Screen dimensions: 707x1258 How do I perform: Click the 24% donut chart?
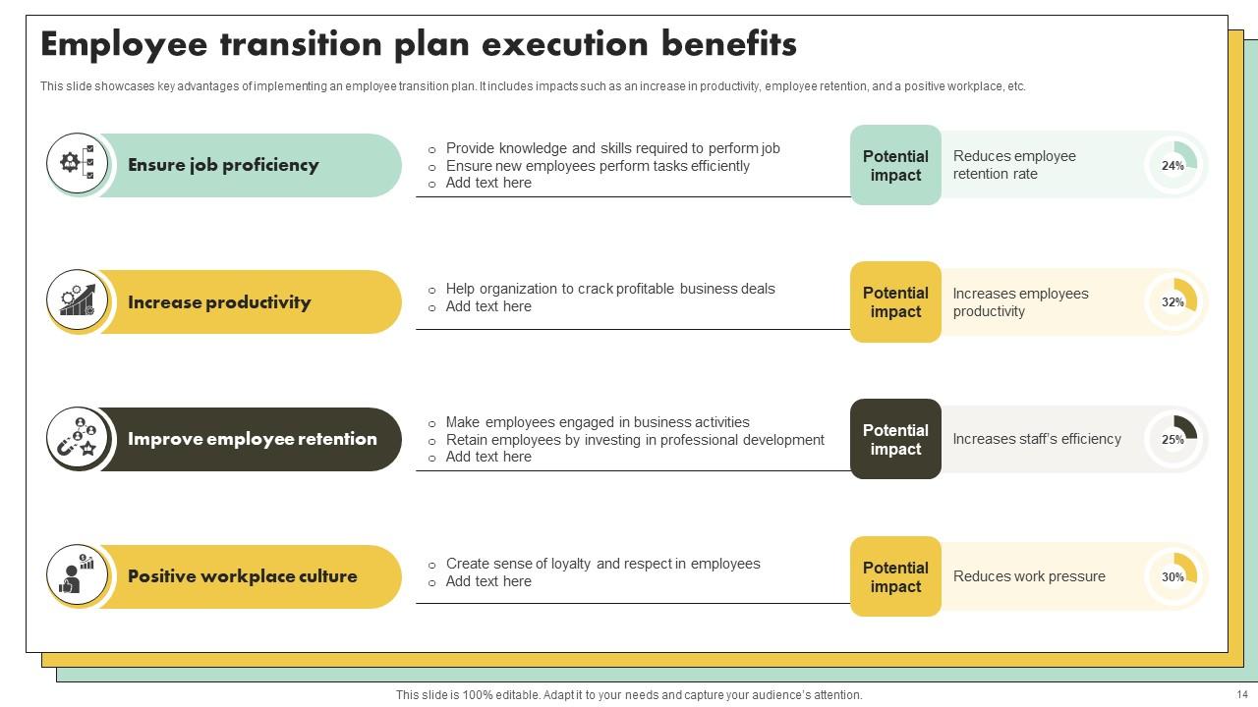tap(1173, 165)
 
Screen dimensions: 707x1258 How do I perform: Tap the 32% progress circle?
tap(1173, 301)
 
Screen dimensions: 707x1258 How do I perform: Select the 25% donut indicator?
tap(1173, 439)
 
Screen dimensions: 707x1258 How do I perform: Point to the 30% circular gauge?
tap(1173, 576)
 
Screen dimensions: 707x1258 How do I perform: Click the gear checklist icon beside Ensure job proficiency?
tap(78, 163)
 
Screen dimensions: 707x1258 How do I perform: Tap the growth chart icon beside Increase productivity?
tap(78, 300)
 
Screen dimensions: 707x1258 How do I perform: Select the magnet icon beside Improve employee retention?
tap(78, 438)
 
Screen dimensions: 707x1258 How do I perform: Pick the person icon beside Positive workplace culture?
tap(78, 575)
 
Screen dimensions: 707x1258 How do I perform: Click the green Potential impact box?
tap(895, 165)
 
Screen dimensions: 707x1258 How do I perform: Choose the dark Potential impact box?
tap(895, 439)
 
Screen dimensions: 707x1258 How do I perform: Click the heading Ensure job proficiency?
tap(223, 165)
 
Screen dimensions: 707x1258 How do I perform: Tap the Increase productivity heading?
tap(219, 302)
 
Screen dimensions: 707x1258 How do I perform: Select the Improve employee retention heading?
tap(253, 439)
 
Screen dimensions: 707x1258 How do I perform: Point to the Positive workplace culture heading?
tap(243, 576)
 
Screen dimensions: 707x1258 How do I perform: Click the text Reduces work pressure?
tap(1029, 576)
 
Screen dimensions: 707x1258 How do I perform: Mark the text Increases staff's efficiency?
tap(1037, 439)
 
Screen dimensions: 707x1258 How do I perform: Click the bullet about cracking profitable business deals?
tap(609, 289)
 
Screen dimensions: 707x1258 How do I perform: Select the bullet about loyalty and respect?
tap(602, 564)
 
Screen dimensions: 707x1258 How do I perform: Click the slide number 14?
tap(1242, 695)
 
